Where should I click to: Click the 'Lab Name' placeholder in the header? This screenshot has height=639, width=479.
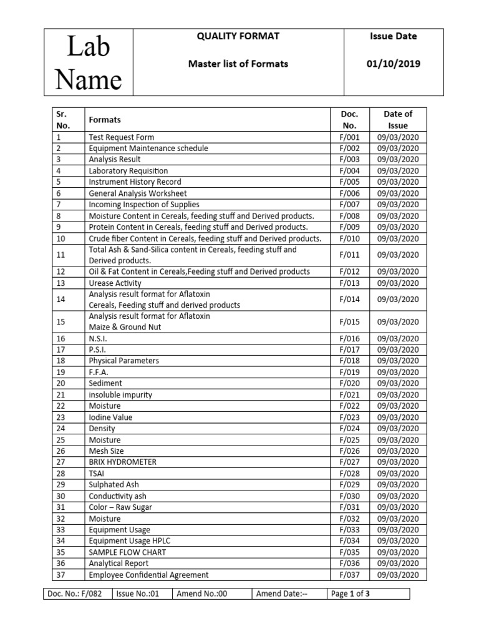tap(89, 63)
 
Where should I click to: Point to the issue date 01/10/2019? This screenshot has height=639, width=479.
tap(394, 64)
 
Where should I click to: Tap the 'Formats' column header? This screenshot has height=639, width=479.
tap(105, 119)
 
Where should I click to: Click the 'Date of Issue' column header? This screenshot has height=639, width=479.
tap(398, 119)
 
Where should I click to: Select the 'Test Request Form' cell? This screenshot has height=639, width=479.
tap(122, 137)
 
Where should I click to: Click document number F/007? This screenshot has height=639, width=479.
tap(350, 205)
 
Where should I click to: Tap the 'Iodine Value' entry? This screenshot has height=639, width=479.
tap(110, 417)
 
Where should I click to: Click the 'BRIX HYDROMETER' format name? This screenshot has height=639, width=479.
tap(122, 462)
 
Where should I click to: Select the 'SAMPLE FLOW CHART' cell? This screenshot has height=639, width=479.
tap(127, 552)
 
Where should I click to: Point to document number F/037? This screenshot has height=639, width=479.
tap(350, 575)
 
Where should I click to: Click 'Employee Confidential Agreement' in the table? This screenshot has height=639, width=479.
tap(148, 575)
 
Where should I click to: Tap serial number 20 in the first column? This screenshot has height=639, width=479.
tap(60, 384)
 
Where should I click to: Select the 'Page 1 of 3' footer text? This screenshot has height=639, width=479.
tap(351, 594)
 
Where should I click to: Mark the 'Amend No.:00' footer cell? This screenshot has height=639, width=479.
tap(202, 594)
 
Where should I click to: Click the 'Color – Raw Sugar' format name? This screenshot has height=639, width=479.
tap(120, 507)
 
